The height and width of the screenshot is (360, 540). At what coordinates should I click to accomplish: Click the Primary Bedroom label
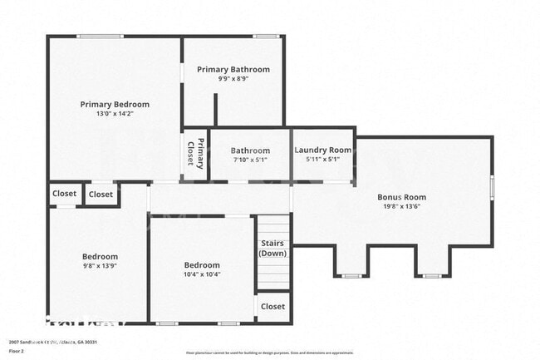pos(115,104)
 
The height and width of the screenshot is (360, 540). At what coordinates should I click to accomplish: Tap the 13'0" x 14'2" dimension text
pos(115,114)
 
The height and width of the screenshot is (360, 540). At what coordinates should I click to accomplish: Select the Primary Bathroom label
pos(233,69)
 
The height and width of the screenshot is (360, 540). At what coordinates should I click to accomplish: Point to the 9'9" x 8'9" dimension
pos(233,79)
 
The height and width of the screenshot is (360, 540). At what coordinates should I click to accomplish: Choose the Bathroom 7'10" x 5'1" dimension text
pos(250,160)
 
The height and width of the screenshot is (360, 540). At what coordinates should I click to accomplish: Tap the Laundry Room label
pos(323,150)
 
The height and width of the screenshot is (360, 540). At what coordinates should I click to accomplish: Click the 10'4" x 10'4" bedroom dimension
pos(202,274)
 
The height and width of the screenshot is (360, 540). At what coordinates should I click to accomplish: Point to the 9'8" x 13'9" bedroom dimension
pos(100,266)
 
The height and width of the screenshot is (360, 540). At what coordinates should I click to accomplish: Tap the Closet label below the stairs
pos(272,306)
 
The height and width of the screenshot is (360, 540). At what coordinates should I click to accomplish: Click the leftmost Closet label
pos(65,194)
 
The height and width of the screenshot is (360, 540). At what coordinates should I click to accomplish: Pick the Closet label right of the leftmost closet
pos(101,195)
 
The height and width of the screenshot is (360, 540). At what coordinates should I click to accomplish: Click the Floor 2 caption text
pos(17,351)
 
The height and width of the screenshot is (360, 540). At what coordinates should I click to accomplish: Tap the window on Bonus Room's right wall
pos(492,186)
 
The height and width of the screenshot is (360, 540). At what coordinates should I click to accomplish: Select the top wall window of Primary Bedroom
pos(101,36)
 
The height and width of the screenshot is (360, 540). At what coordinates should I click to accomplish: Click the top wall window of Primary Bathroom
pos(266,36)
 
